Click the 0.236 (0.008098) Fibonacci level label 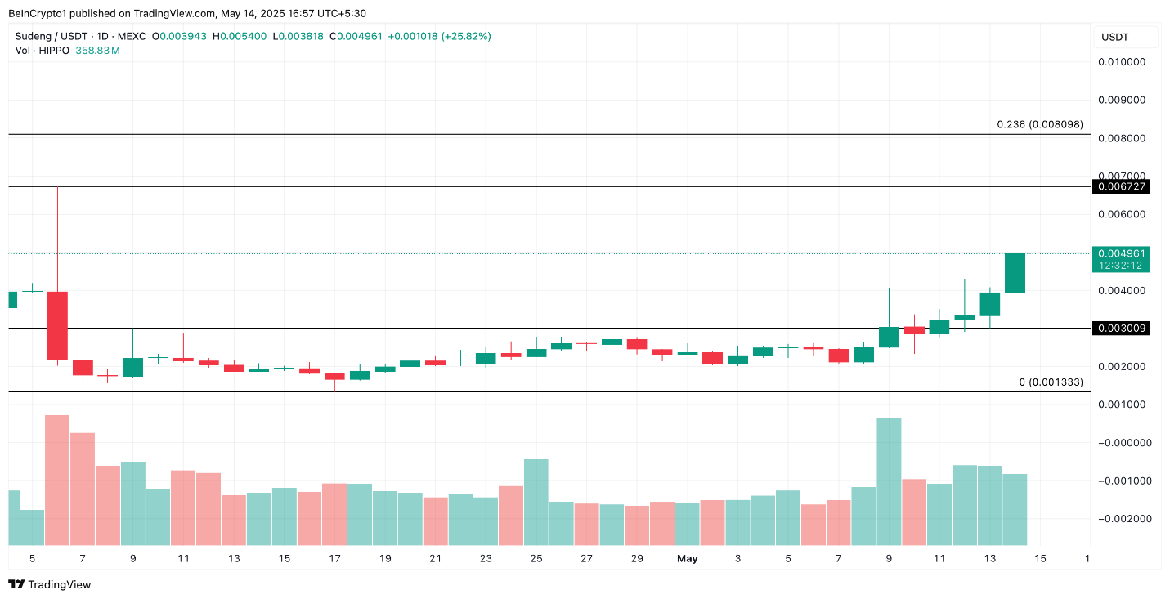click(1039, 124)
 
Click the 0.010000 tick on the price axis click(1120, 62)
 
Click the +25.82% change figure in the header click(466, 36)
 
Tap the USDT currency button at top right click(1125, 37)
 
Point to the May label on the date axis click(687, 559)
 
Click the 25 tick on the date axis click(536, 559)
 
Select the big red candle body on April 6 click(57, 325)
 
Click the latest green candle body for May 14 click(1015, 273)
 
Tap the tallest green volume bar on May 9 click(889, 481)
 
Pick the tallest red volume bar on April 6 click(57, 480)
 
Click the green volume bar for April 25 click(536, 502)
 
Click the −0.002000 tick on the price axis click(1120, 519)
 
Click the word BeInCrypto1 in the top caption click(37, 14)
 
